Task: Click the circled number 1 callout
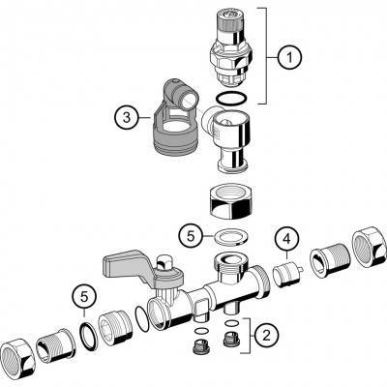pos(289,57)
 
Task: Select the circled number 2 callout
pos(266,336)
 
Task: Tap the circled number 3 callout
pos(127,118)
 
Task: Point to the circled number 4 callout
pos(286,239)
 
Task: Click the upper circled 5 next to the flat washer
pos(192,236)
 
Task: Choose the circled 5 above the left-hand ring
pos(84,297)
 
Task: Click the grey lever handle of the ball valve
pos(128,266)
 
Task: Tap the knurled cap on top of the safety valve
pos(231,23)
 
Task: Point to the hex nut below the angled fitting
pos(230,201)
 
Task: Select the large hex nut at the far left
pos(18,357)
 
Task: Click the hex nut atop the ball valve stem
pos(164,261)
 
